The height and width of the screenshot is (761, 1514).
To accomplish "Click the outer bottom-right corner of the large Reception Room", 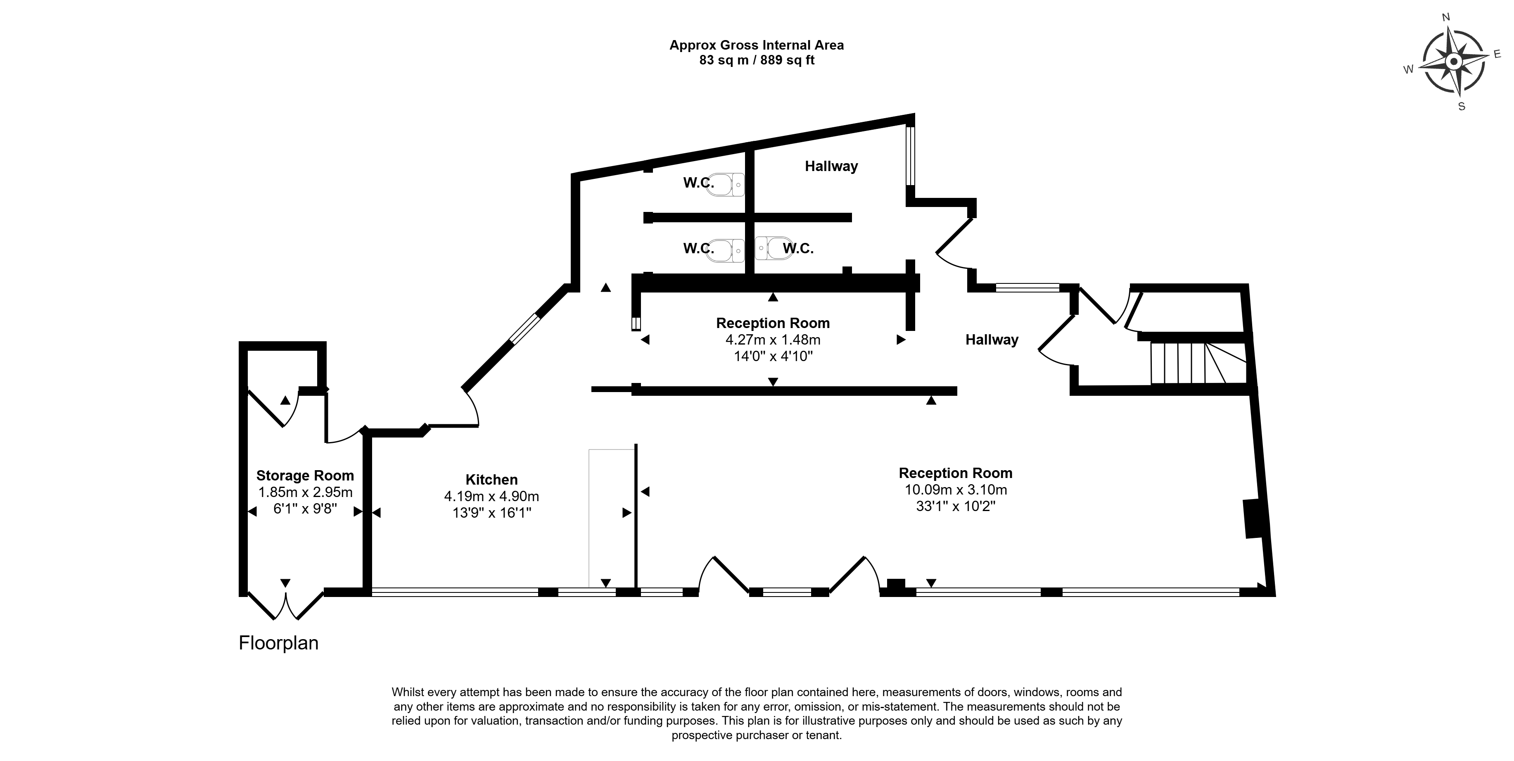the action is click(1275, 596).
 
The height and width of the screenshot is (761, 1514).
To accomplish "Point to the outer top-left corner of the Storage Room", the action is click(239, 342).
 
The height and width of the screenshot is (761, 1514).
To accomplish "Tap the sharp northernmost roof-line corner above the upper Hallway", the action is click(914, 114).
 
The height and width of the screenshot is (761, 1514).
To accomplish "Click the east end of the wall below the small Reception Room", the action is click(957, 390).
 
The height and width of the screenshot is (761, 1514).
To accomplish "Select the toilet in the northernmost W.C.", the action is click(726, 184).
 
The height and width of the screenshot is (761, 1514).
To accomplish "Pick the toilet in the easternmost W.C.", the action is click(774, 248).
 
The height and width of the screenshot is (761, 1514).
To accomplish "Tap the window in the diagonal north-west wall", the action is click(524, 328).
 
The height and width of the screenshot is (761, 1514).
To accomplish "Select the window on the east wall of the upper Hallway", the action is click(910, 156).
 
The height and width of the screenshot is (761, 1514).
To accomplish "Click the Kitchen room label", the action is click(491, 479).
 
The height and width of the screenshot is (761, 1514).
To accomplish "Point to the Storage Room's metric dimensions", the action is click(305, 492).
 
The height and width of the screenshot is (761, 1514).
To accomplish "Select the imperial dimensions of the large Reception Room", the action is click(956, 506).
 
